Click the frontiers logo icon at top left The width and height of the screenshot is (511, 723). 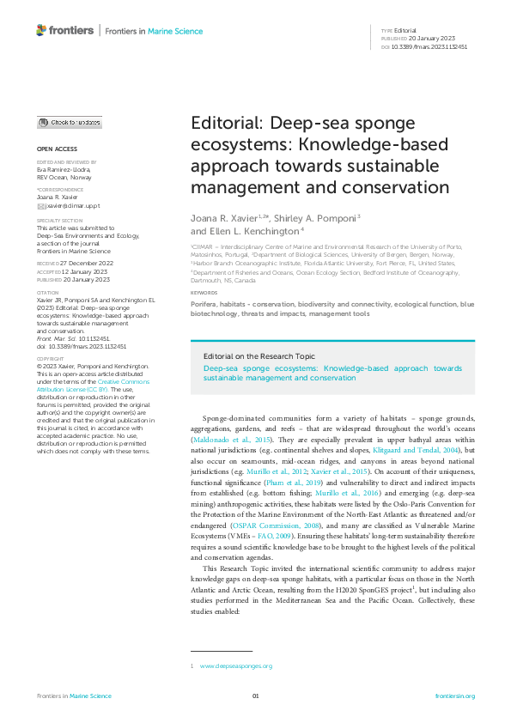[41, 30]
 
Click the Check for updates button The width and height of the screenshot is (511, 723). [69, 123]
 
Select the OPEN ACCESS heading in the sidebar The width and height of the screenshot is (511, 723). [56, 149]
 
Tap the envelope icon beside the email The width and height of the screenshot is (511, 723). [40, 206]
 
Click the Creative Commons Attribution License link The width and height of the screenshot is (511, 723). [79, 392]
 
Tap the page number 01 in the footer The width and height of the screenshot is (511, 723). [255, 696]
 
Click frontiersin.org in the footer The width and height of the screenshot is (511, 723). [455, 696]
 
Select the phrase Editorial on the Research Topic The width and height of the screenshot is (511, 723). [246, 355]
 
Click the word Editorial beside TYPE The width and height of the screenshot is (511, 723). [405, 30]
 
